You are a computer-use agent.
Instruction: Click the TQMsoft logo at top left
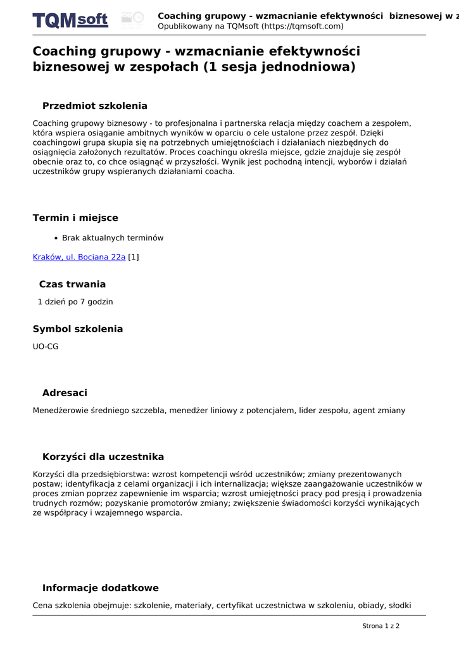70,20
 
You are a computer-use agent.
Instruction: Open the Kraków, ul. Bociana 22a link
79,257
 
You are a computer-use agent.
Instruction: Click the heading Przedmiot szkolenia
95,106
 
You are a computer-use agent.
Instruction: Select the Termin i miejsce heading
75,218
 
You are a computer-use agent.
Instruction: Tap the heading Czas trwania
72,284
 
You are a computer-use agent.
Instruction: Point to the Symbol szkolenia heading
78,329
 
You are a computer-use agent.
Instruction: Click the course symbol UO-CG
46,347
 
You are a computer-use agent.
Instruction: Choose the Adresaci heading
65,393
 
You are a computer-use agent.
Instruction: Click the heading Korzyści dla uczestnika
103,457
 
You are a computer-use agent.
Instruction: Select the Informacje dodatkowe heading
101,588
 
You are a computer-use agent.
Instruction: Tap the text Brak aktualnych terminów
113,238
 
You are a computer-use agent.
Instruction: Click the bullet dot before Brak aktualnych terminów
56,239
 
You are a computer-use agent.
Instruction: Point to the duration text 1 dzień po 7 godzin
75,302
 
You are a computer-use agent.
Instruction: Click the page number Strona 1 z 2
380,626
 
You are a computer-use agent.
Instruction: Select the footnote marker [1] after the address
134,257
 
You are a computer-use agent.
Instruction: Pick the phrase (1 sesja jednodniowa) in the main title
280,66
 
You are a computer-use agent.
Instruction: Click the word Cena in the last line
44,606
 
